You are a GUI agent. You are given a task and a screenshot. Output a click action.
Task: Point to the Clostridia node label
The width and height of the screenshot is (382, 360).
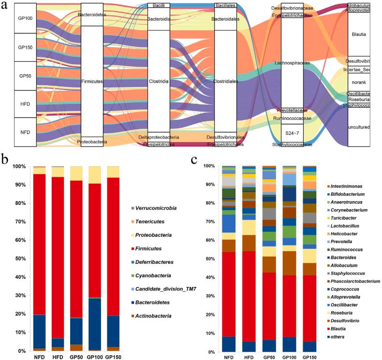[158, 82]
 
